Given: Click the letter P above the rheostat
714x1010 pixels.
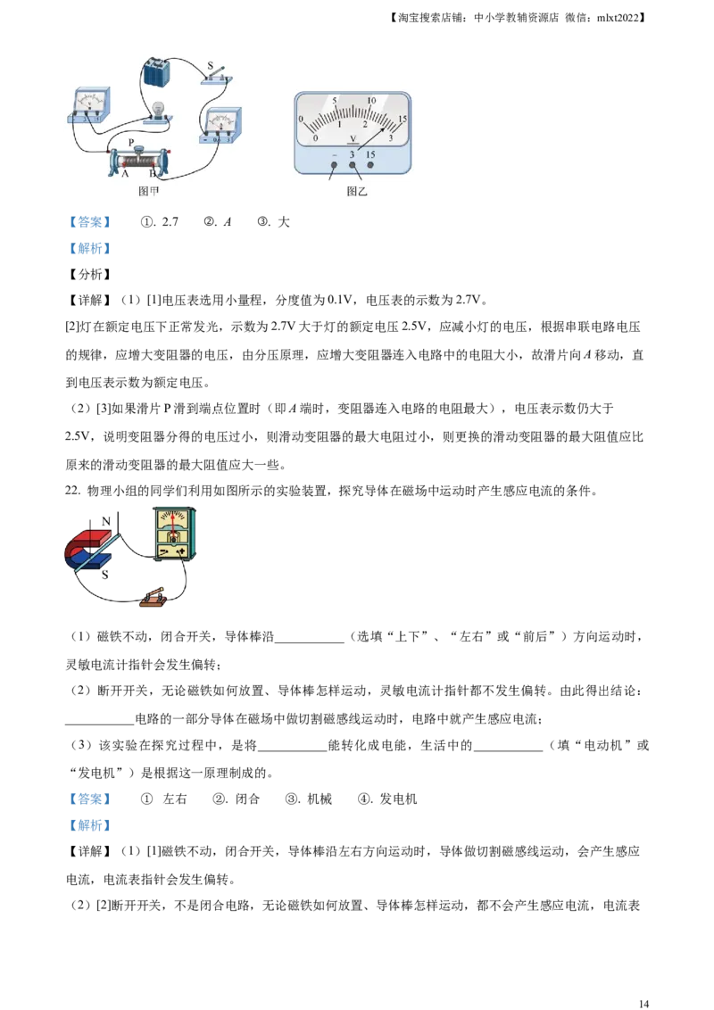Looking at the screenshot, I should [131, 142].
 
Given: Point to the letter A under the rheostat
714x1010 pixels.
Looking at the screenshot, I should [125, 174].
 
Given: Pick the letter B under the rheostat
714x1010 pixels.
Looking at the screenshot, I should [153, 174].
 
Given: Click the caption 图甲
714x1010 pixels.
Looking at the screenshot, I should [149, 190].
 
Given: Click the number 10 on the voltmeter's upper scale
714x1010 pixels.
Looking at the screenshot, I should [371, 100].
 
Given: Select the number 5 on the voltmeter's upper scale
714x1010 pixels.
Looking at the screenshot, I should [334, 101].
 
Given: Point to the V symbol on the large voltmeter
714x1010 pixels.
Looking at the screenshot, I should [353, 138].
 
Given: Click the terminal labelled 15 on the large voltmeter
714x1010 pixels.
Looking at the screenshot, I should [370, 165].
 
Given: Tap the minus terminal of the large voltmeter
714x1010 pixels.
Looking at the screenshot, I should [335, 165].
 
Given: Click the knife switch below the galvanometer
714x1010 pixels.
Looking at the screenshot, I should [154, 598].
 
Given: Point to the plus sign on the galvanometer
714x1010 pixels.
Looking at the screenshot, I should [184, 551].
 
